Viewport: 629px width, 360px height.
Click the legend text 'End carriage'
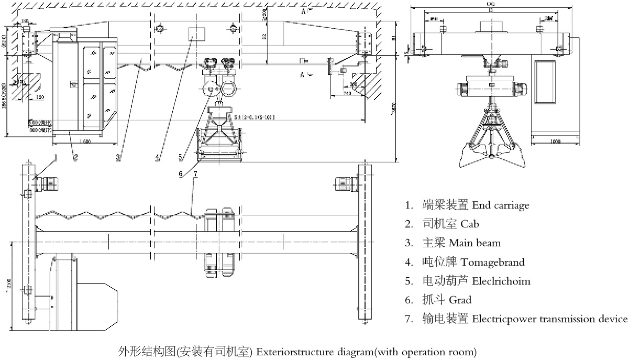point(501,205)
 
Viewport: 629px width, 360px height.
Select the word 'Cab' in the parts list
point(470,224)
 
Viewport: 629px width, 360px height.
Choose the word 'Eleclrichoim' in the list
point(501,281)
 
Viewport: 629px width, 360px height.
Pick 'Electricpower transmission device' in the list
point(549,319)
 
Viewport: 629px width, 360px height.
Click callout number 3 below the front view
point(119,157)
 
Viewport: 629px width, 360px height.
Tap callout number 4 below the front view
point(157,157)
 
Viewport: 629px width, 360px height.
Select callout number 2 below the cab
point(75,157)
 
